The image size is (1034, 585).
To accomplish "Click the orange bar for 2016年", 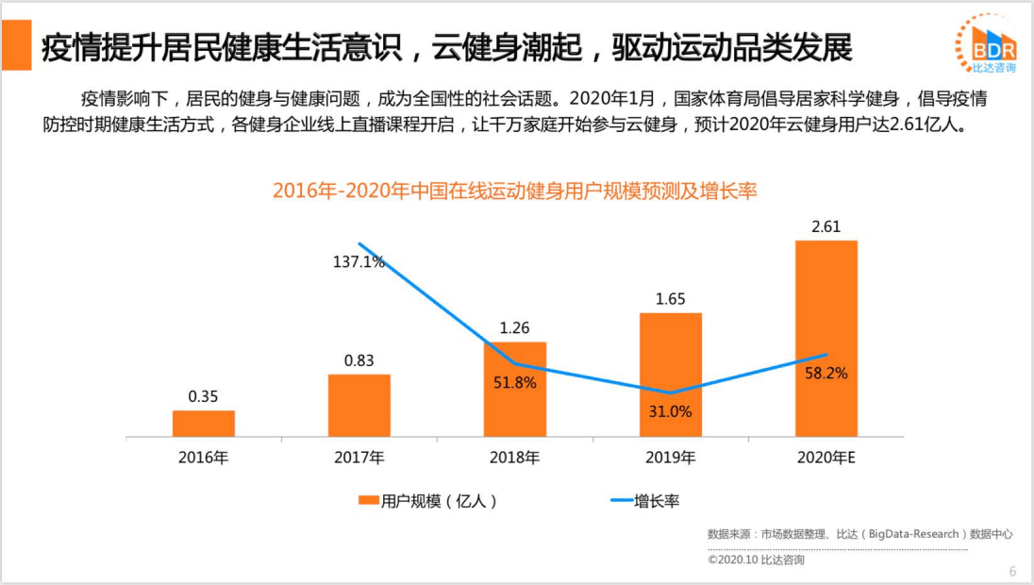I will tap(203, 424).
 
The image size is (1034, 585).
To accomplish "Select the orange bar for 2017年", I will tap(359, 406).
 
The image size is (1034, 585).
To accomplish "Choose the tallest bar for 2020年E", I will tap(826, 339).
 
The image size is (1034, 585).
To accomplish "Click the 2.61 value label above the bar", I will tap(826, 226).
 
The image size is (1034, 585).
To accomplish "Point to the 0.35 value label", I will tap(203, 396).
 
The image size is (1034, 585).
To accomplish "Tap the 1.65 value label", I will tap(670, 299).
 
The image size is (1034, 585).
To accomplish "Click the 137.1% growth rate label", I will tap(359, 261).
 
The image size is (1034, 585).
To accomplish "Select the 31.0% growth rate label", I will tap(670, 411).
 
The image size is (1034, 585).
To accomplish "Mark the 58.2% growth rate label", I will tap(826, 374).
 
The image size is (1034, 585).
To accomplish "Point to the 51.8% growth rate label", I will tap(514, 383).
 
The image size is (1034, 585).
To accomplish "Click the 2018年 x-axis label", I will tap(514, 459).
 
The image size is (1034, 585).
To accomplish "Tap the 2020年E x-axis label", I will tap(826, 459).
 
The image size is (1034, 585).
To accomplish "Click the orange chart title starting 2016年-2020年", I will tap(515, 191).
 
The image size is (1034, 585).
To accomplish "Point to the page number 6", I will tap(1012, 571).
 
